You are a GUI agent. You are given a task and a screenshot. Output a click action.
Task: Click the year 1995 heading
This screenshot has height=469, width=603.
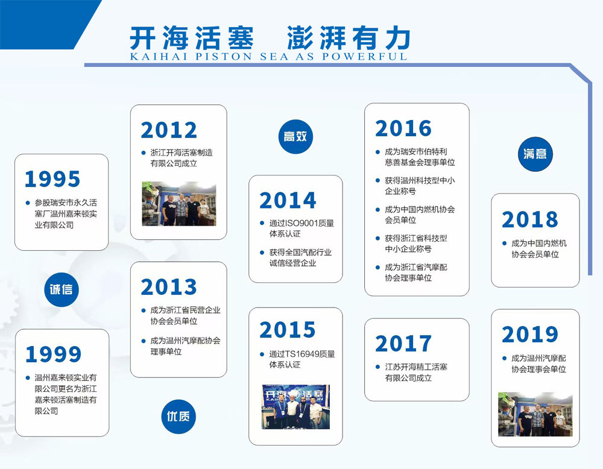coord(52,179)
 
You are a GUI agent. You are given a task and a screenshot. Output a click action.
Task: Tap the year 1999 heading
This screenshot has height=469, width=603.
coord(53,354)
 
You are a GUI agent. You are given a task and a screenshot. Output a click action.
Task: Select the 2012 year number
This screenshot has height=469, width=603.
coord(169,130)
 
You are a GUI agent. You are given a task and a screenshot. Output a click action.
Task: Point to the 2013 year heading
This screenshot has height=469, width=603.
coord(169,287)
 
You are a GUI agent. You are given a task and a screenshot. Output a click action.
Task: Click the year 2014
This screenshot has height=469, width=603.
coord(288,200)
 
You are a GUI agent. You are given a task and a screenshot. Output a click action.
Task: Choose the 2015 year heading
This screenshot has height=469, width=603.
coord(288,330)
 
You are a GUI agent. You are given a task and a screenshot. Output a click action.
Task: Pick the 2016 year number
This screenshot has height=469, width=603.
coord(403,128)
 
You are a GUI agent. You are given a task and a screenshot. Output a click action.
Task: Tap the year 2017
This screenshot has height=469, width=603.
coord(403,343)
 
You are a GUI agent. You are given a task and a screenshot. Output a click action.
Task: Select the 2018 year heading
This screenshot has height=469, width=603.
coord(530,219)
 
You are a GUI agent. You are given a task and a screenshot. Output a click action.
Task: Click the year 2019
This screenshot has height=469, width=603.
coord(530,334)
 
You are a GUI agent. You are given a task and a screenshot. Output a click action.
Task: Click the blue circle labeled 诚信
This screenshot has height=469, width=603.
coord(61,289)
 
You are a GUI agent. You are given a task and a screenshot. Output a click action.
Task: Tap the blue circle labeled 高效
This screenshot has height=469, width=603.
coord(295,136)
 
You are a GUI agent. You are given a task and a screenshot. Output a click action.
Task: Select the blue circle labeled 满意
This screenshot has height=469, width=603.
coord(535,154)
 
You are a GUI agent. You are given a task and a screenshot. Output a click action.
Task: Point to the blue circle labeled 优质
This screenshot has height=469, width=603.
coord(178,417)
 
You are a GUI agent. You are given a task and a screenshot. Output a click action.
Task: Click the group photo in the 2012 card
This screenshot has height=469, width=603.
coord(179,204)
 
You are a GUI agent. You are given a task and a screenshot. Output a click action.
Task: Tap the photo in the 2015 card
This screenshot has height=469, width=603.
coord(295,407)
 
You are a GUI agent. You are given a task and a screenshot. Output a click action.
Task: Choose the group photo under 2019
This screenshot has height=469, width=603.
coord(535,414)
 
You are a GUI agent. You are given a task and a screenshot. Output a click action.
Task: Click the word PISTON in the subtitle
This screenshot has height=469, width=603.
coord(224,57)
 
